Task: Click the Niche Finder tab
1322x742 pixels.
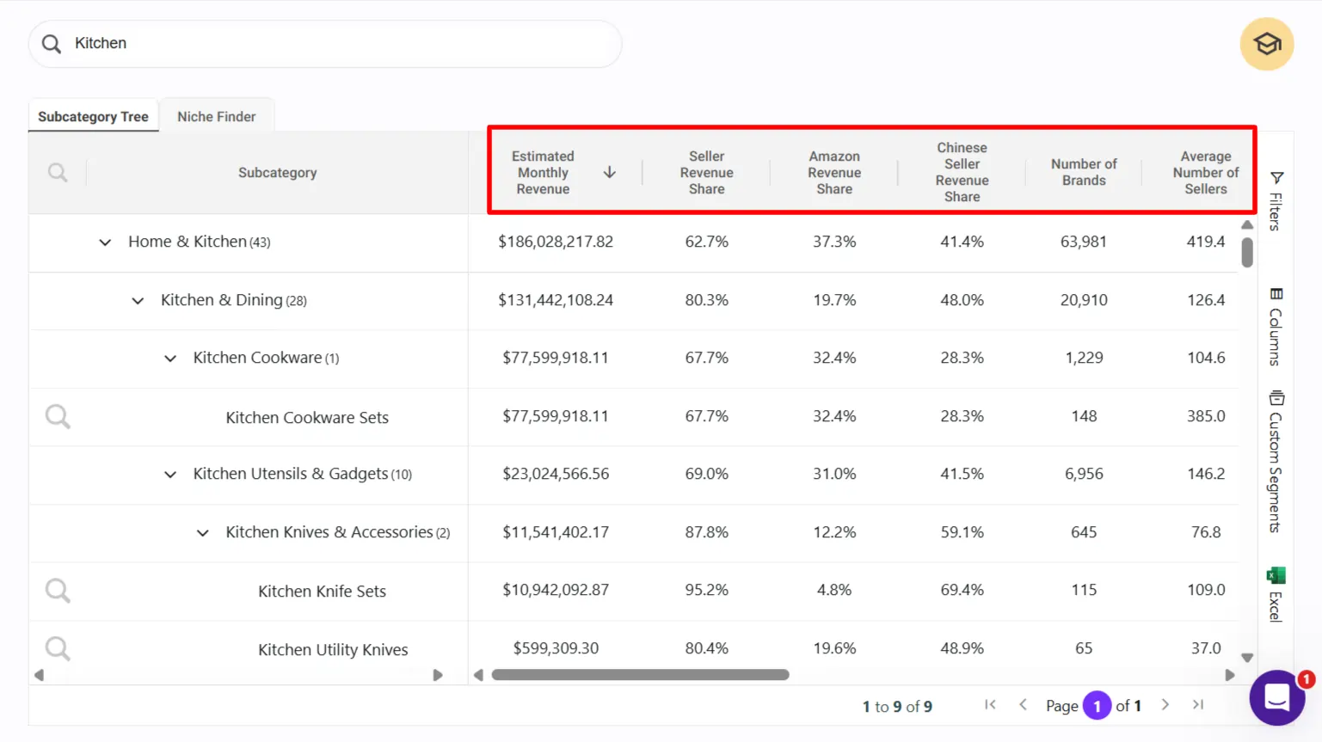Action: (x=216, y=116)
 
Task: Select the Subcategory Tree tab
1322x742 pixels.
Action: (x=93, y=116)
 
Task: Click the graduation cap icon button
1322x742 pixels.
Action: (x=1266, y=44)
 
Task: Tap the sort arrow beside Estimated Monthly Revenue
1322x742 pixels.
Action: (x=609, y=172)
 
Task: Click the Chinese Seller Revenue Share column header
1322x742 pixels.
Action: (x=962, y=172)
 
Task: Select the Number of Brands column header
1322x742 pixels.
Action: (x=1083, y=172)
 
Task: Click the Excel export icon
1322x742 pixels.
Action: (x=1276, y=576)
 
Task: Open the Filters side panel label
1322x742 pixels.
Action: (x=1276, y=201)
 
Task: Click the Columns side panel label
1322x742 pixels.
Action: (x=1276, y=328)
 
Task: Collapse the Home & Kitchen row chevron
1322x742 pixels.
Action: (x=105, y=242)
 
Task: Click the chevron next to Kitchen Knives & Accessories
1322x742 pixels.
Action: (x=203, y=533)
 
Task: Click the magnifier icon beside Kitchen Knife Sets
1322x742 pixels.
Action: (x=58, y=591)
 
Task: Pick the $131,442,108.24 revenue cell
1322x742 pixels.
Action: (x=556, y=300)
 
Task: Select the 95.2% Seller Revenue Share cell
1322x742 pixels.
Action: (x=706, y=590)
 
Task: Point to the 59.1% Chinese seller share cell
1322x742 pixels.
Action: (x=962, y=532)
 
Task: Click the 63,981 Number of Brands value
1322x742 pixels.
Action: (x=1083, y=242)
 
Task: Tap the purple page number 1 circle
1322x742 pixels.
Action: (x=1097, y=706)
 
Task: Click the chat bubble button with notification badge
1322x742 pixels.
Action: (x=1276, y=697)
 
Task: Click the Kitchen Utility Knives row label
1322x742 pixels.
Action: (x=333, y=650)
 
